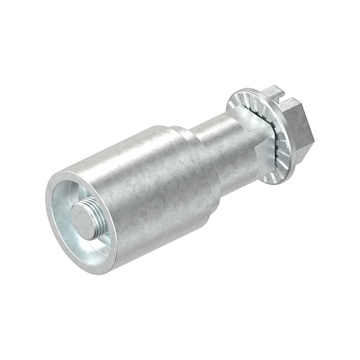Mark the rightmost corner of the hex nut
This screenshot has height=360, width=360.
click(313, 130)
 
